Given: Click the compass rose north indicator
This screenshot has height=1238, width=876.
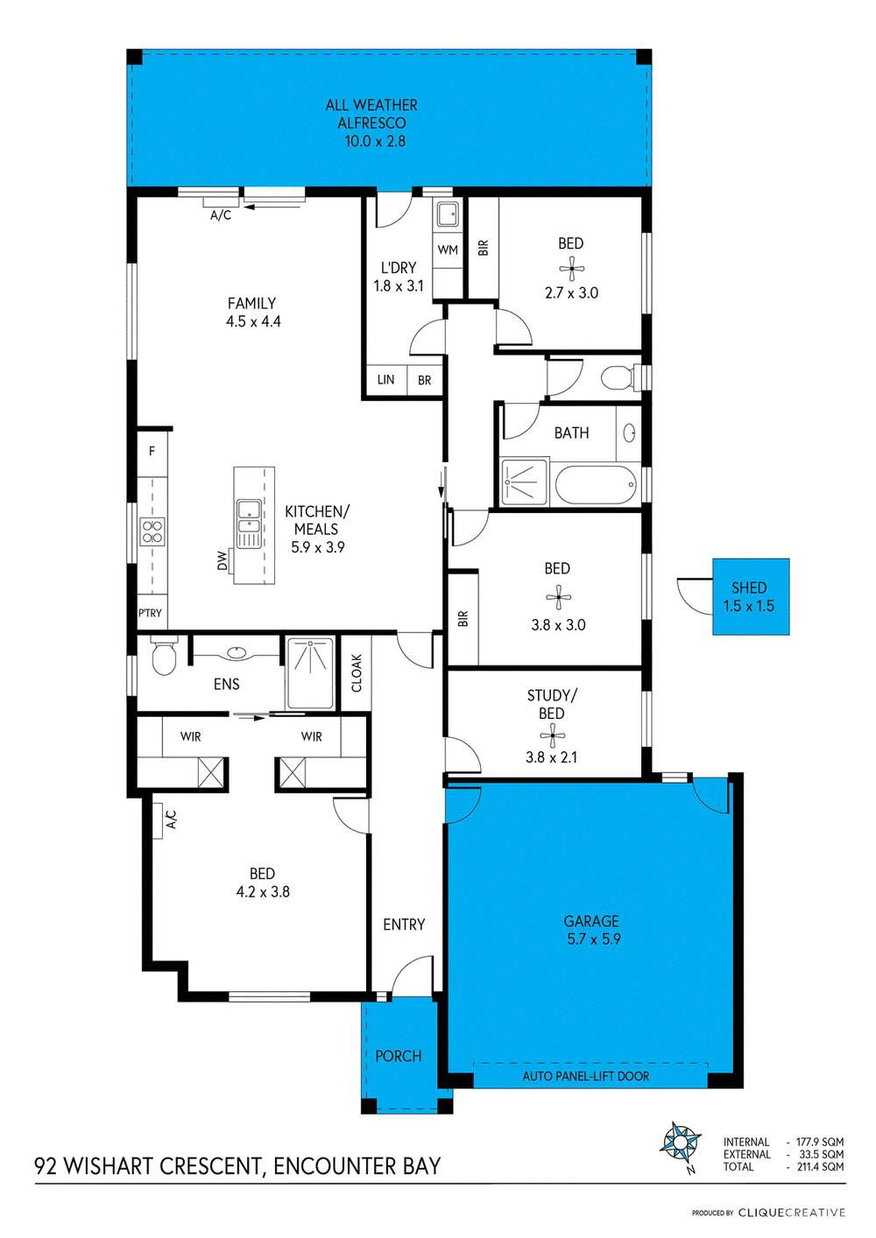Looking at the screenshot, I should point(681,1142).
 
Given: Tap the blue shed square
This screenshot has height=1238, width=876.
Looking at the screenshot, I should point(750,596).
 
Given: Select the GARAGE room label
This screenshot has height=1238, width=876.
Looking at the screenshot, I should point(591,921).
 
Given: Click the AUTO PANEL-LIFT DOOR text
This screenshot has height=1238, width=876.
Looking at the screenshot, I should point(586,1076).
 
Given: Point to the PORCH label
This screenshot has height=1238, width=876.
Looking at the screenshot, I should point(399,1056).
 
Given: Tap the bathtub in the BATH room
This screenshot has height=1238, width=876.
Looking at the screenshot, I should point(596,485).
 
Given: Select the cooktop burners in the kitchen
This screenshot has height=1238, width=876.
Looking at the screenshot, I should point(152,531).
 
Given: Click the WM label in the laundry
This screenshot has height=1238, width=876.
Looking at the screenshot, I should point(448,250).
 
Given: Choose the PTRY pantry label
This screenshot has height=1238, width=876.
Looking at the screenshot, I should point(151,613).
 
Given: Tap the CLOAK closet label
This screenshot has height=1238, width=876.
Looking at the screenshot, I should point(357,672).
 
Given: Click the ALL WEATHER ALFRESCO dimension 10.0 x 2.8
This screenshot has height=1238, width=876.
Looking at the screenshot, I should point(375,141).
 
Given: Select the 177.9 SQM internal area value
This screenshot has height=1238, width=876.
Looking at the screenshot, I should point(820,1142).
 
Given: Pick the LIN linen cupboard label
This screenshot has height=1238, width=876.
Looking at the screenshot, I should point(385,380).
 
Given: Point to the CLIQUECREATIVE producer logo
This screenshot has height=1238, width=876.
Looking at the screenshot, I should point(791,1213).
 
